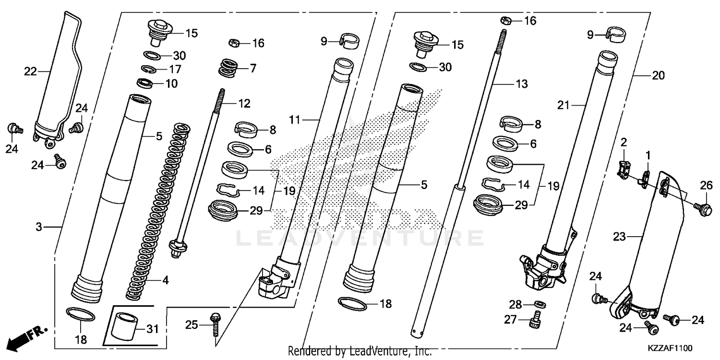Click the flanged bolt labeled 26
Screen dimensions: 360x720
click(x=704, y=208)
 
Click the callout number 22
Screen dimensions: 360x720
click(x=31, y=72)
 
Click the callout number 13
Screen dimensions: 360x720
click(x=521, y=84)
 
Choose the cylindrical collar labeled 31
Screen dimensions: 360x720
click(x=122, y=325)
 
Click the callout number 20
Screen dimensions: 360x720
click(x=658, y=75)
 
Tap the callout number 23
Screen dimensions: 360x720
click(x=620, y=236)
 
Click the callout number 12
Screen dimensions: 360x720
click(x=244, y=103)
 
